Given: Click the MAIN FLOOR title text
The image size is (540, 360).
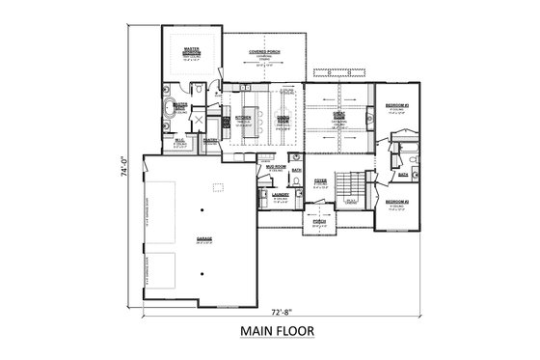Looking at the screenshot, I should [x=269, y=333].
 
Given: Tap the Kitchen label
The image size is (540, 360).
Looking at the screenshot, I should [x=243, y=117].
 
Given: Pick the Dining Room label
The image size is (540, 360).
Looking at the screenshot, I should [x=283, y=117].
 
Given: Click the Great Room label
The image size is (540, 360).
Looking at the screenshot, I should [x=338, y=115].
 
